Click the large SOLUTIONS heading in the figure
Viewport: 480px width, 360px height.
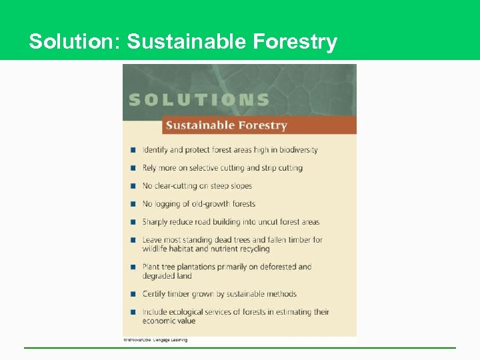point(199,100)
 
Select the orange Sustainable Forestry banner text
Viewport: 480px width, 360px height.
point(226,125)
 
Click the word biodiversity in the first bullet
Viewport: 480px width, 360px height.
point(294,150)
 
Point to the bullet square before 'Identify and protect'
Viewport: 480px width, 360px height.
point(133,150)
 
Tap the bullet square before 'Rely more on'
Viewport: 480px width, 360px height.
point(133,168)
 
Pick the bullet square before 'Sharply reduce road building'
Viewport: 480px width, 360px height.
point(133,222)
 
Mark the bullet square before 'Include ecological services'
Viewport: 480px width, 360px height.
point(133,312)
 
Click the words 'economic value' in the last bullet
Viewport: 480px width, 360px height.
point(169,321)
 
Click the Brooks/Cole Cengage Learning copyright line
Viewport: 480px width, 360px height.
point(155,340)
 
